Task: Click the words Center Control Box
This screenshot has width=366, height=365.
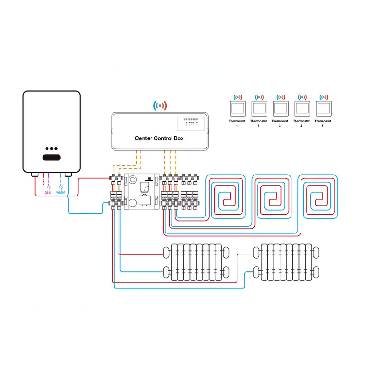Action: (159, 138)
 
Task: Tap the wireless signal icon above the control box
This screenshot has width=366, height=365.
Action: (160, 106)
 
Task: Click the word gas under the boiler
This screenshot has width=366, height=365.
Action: (48, 192)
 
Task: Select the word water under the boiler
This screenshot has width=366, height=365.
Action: (61, 192)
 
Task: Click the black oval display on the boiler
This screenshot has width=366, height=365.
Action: (51, 158)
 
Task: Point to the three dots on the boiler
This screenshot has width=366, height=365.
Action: (51, 149)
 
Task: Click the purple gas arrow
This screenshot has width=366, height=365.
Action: (48, 186)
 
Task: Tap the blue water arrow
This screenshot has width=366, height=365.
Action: (61, 186)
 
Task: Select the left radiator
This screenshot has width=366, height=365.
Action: (195, 262)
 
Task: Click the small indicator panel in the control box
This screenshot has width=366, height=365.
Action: (191, 122)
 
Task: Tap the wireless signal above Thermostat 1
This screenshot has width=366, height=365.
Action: (237, 97)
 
